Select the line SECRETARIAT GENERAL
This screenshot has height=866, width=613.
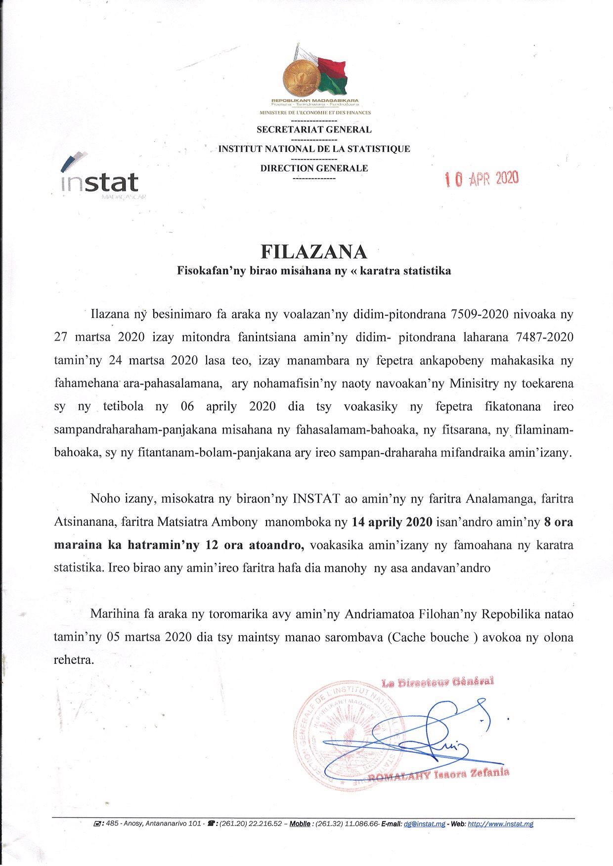(314, 130)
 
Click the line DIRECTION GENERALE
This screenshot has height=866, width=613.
(314, 168)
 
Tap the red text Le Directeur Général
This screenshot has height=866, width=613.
(438, 683)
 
